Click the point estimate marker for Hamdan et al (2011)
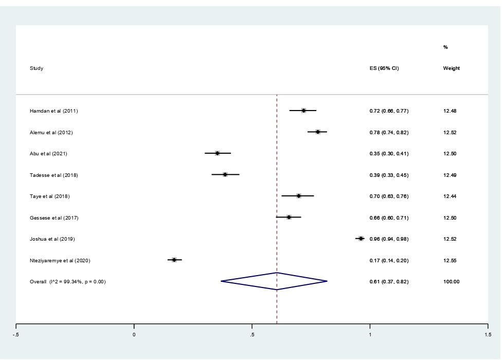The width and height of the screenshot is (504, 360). pyautogui.click(x=303, y=111)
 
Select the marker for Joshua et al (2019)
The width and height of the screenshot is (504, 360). pyautogui.click(x=361, y=239)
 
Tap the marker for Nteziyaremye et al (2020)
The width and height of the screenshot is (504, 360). pyautogui.click(x=174, y=260)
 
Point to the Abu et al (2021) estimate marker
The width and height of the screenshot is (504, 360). pyautogui.click(x=217, y=153)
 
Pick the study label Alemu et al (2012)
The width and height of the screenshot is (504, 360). pyautogui.click(x=51, y=133)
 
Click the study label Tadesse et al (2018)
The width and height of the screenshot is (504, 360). pyautogui.click(x=54, y=175)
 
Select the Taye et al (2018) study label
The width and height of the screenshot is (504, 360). pyautogui.click(x=50, y=196)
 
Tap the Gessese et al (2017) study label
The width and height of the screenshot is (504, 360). pyautogui.click(x=54, y=218)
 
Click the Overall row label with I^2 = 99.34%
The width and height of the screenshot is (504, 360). pyautogui.click(x=68, y=282)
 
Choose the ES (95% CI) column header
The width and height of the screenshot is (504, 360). pyautogui.click(x=384, y=68)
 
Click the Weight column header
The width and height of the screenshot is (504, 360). pyautogui.click(x=452, y=68)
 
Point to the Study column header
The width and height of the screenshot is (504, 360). pyautogui.click(x=37, y=68)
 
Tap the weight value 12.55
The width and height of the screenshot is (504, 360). pyautogui.click(x=450, y=261)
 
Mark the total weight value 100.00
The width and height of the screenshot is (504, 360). pyautogui.click(x=452, y=282)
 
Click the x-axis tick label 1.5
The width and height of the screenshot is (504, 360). pyautogui.click(x=487, y=335)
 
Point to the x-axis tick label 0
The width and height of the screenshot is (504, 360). pyautogui.click(x=134, y=335)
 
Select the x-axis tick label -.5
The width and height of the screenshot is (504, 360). pyautogui.click(x=16, y=335)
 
